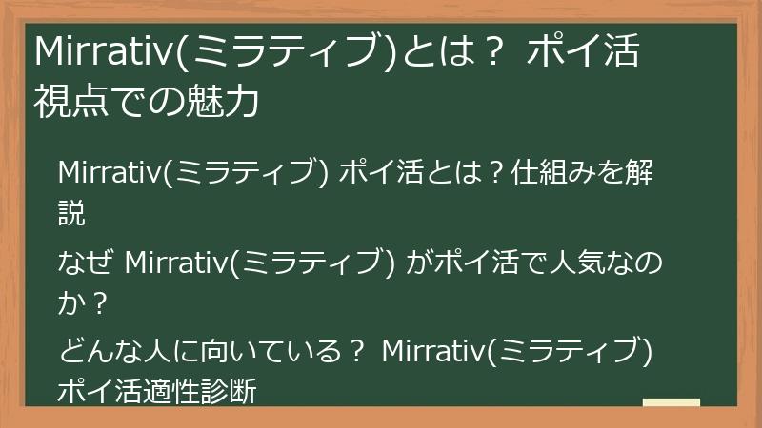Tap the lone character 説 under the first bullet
[x=71, y=213]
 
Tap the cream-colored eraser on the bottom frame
[x=671, y=403]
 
